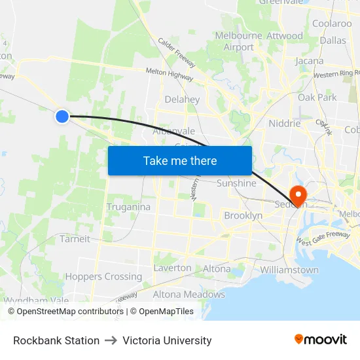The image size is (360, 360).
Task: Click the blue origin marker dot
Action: (62, 117)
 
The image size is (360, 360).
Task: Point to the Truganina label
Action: (128, 207)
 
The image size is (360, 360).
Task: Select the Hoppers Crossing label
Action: (103, 276)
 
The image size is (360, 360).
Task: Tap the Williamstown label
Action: (289, 270)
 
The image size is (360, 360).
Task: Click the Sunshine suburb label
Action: (236, 183)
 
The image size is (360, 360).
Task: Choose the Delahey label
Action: (182, 99)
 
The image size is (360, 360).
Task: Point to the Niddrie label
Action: (285, 123)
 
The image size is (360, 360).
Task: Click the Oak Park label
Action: (317, 98)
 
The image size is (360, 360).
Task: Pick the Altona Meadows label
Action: (189, 295)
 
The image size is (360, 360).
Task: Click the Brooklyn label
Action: (243, 215)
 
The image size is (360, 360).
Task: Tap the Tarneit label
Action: (75, 239)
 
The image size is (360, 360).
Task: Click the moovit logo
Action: (321, 340)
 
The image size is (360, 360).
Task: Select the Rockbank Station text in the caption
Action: (56, 340)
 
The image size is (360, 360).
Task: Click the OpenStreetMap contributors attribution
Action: (66, 312)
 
